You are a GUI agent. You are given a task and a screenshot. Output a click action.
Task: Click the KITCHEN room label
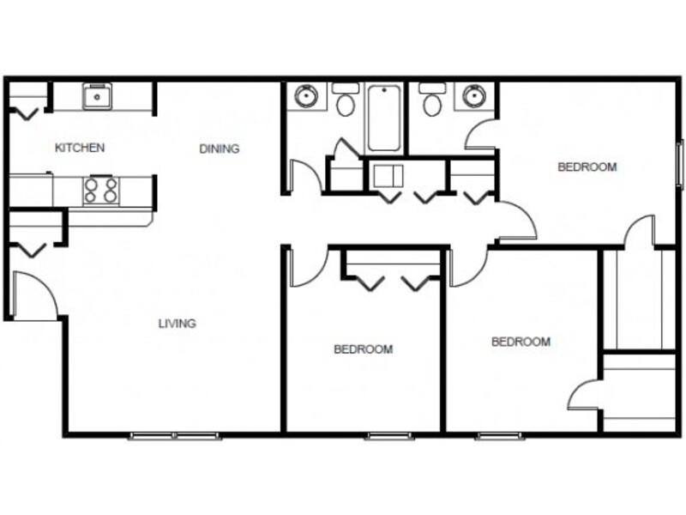click(80, 148)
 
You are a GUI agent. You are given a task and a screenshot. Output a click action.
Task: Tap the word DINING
click(220, 148)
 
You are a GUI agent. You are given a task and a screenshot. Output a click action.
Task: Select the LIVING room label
click(178, 324)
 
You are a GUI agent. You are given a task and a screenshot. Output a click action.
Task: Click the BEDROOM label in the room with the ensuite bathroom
click(587, 167)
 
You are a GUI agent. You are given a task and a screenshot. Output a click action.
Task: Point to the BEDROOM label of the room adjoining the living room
click(363, 349)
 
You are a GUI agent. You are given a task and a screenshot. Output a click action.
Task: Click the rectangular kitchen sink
click(97, 96)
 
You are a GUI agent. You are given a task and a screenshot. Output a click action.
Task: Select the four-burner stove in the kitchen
click(101, 190)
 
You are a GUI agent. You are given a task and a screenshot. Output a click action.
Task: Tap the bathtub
click(383, 118)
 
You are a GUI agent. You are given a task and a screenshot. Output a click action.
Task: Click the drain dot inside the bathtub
click(384, 90)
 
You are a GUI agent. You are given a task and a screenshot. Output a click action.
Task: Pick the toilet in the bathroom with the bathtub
click(346, 100)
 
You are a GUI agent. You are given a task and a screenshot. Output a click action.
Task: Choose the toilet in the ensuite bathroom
click(432, 100)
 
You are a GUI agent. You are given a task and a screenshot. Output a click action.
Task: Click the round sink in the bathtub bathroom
click(305, 95)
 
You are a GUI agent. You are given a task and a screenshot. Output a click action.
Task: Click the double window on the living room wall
click(175, 436)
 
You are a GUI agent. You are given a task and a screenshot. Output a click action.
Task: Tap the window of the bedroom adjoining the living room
click(389, 436)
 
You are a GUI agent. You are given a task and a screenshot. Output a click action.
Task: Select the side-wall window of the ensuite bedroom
click(680, 165)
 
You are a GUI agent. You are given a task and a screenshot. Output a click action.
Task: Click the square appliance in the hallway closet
click(388, 176)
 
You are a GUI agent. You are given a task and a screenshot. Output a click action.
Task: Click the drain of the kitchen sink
click(97, 97)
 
